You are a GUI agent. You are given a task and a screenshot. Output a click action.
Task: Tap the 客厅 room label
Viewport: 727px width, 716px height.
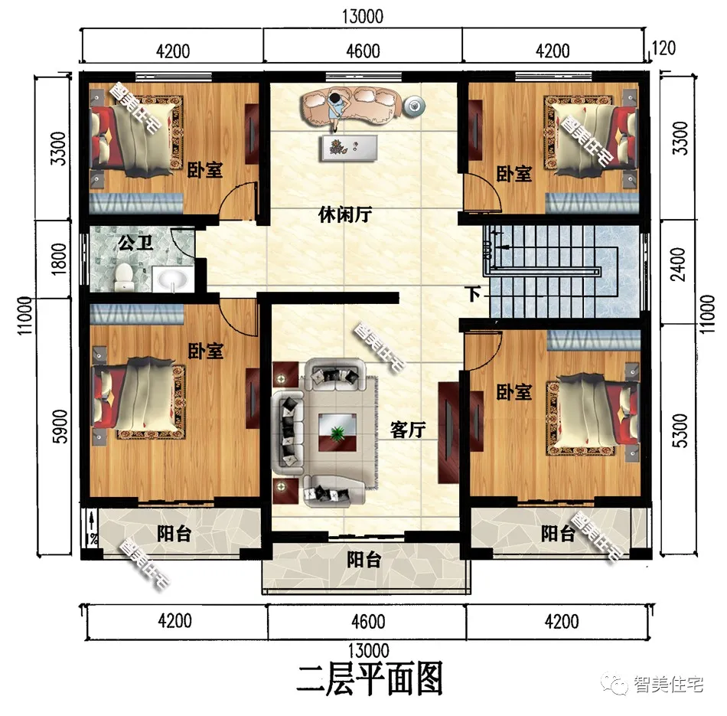[408, 430]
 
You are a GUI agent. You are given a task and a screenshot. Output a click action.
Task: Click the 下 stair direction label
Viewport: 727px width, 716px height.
[474, 293]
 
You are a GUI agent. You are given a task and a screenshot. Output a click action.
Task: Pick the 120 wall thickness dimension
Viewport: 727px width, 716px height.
[663, 50]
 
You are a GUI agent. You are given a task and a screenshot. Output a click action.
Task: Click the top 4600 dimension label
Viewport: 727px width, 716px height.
[363, 51]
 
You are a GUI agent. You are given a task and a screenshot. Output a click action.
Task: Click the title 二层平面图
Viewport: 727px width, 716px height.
[370, 678]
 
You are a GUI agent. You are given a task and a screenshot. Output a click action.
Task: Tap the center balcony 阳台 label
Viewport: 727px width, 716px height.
[363, 561]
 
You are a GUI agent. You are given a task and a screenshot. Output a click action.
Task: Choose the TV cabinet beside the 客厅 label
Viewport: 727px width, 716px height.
[447, 433]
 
